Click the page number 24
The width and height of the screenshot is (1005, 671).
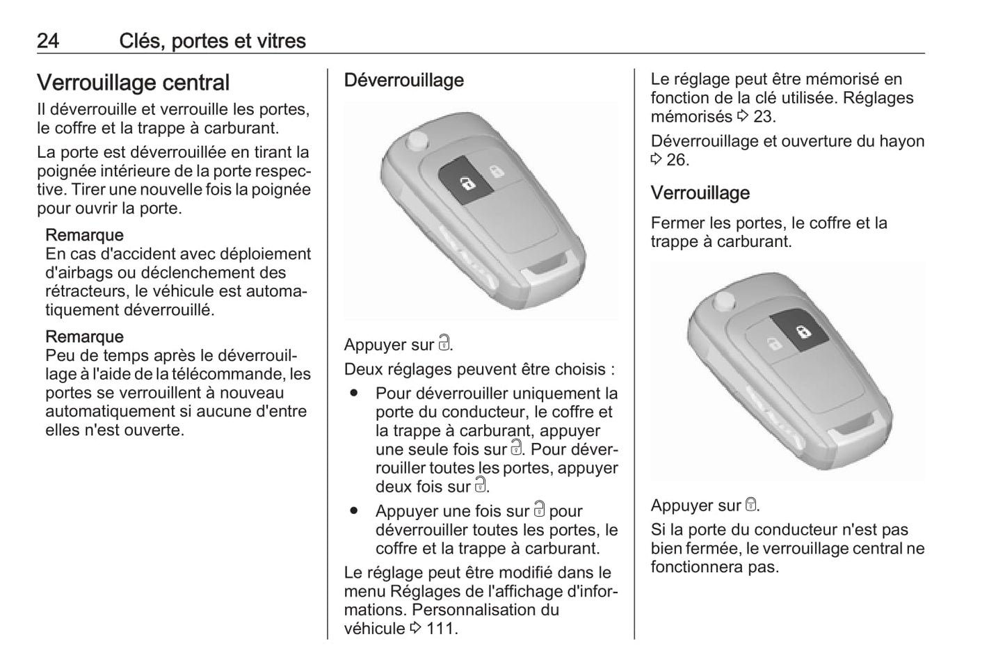coord(48,41)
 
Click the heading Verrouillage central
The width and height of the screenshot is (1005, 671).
coord(133,83)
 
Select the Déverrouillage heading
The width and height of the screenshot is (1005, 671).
coord(403,80)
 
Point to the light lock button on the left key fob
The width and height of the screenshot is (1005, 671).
coord(496,170)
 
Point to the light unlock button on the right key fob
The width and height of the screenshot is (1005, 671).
coord(773,342)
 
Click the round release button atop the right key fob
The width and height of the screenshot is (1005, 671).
coord(724,301)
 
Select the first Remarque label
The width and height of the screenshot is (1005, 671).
coord(84,235)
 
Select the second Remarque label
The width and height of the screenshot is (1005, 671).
coord(84,337)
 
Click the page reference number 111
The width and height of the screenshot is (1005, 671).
coord(440,629)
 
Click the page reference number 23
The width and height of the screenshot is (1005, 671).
coord(763,117)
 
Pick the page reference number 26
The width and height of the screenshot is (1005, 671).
coord(676,160)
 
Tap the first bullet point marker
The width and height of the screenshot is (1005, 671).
coord(355,393)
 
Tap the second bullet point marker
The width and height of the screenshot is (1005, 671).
coord(355,510)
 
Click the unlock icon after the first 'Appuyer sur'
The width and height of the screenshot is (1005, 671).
coord(444,343)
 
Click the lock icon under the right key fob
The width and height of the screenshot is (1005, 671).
coord(750,504)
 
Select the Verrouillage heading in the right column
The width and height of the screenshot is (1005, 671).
coord(700,193)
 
